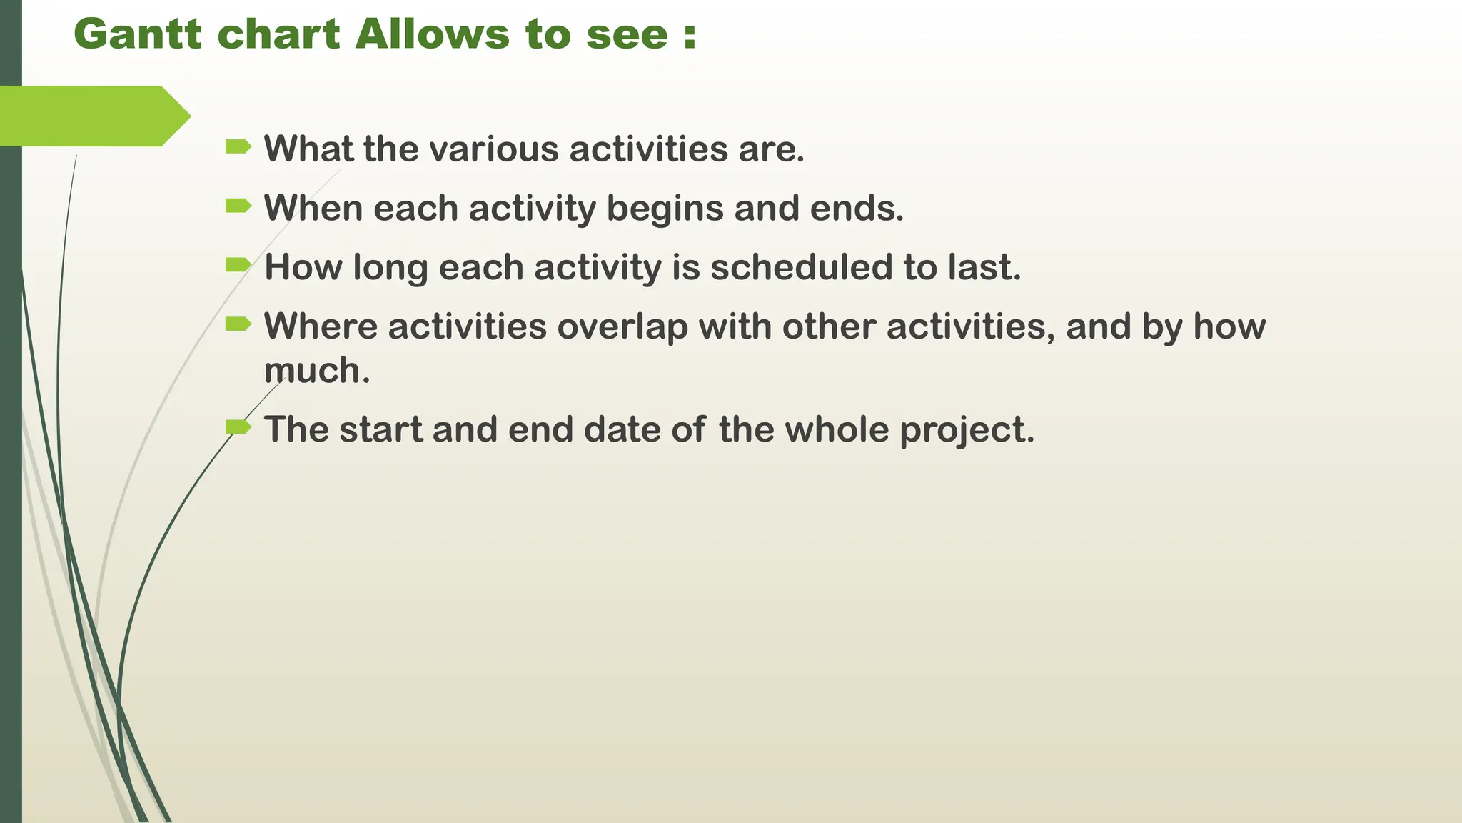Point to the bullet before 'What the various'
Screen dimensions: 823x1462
238,147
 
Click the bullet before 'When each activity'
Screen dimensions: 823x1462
238,206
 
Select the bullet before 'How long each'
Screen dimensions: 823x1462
238,266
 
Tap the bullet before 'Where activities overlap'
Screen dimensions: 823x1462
238,325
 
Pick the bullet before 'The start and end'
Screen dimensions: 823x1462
238,427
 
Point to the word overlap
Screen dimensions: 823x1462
622,327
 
